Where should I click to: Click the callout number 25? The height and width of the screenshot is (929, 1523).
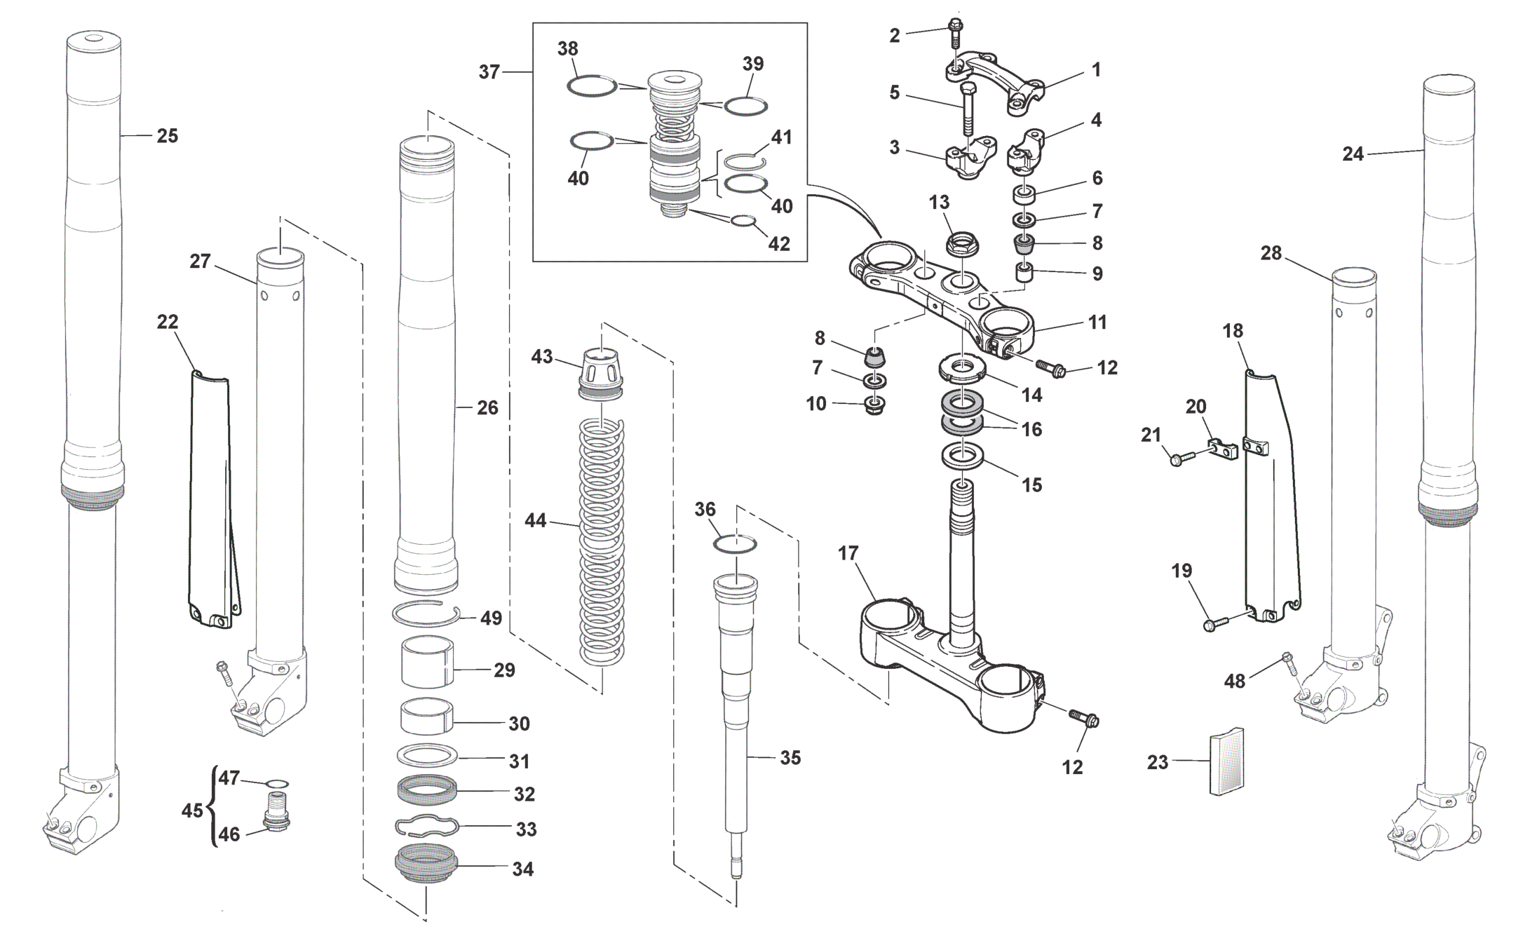point(167,136)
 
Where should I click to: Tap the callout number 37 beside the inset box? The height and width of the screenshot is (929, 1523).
point(489,72)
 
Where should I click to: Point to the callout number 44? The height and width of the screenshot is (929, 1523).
point(536,521)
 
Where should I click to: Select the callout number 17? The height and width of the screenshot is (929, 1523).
point(848,554)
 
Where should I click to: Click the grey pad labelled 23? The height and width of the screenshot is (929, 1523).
point(1227,761)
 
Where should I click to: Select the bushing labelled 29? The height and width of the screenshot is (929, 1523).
point(427,661)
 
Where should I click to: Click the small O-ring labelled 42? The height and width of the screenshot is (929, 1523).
point(744,222)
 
